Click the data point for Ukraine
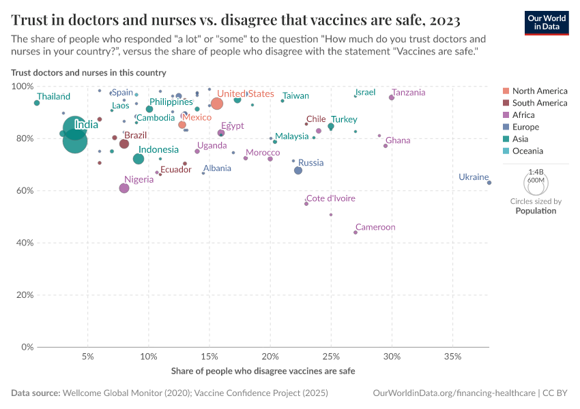(x=489, y=183)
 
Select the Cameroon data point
(x=356, y=232)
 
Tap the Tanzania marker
(x=392, y=97)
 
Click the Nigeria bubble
(x=124, y=188)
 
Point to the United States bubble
(x=217, y=104)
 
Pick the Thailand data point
(x=37, y=103)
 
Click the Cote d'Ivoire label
(x=330, y=198)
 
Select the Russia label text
(x=311, y=163)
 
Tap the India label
(x=86, y=125)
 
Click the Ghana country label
(x=398, y=140)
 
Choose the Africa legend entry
(x=523, y=115)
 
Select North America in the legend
(x=539, y=91)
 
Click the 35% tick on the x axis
(x=452, y=357)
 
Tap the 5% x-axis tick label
(x=87, y=357)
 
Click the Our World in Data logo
(x=546, y=22)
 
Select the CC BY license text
(x=556, y=393)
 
